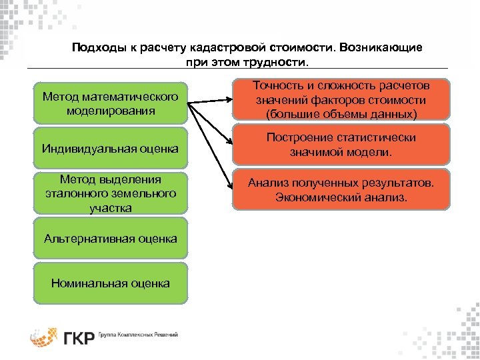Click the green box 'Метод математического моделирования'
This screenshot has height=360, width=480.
[x=111, y=103]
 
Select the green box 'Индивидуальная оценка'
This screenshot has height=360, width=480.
[x=111, y=148]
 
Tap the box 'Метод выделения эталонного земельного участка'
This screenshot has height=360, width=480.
[x=111, y=193]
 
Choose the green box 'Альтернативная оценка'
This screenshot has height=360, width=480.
[x=111, y=238]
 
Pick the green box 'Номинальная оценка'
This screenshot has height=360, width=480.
[x=111, y=283]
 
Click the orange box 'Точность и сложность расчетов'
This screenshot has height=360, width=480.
[x=341, y=100]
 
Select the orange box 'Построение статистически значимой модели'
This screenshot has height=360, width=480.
[x=341, y=145]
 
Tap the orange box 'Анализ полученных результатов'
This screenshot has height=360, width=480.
[x=341, y=190]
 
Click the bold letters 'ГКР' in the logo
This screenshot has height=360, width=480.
[x=79, y=337]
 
